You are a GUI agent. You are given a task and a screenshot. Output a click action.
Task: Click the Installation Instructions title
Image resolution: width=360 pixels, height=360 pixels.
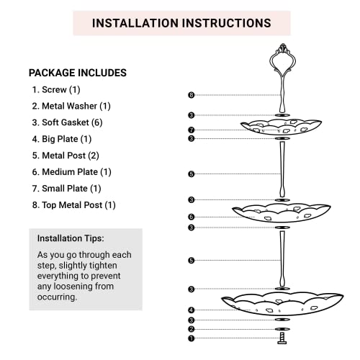coord(181,23)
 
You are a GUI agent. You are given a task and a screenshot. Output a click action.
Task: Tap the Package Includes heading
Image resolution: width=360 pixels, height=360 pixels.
coord(78,73)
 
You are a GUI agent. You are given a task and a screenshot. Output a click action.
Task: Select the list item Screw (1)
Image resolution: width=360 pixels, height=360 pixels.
coord(56,90)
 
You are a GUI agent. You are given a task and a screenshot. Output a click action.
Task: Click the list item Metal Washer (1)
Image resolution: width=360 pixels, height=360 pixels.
coord(71,106)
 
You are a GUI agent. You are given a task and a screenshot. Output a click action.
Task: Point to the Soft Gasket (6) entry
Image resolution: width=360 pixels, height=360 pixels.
coord(67,122)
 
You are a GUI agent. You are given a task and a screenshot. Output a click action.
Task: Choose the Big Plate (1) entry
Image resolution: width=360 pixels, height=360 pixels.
coord(62,139)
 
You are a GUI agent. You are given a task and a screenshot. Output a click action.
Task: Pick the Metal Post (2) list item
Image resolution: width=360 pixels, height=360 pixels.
coord(66,156)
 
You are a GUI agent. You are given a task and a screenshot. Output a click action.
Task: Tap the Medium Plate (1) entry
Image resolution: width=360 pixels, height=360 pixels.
coord(71,172)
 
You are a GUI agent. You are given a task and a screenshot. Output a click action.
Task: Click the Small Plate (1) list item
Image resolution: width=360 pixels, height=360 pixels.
coord(66,189)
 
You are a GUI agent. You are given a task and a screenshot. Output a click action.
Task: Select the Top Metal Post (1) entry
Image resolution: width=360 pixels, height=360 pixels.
coord(73,205)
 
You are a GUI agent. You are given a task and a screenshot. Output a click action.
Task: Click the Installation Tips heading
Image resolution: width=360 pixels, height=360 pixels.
coord(71,238)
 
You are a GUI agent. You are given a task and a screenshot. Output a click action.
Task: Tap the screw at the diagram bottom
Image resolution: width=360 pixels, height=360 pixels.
coord(282,338)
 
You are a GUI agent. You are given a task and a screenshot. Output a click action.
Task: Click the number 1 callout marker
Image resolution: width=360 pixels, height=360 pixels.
coord(191,338)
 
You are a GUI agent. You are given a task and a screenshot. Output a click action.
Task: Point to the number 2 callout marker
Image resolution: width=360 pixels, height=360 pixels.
coord(191,329)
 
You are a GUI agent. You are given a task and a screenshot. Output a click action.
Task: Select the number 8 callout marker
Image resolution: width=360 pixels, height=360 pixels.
coord(191,95)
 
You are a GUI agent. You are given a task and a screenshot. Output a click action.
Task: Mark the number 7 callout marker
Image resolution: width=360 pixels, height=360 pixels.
coord(191,130)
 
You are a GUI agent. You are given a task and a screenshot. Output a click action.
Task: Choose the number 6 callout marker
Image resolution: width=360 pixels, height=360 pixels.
coord(191,217)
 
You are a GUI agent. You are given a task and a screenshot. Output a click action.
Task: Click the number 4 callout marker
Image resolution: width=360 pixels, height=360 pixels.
coord(191,310)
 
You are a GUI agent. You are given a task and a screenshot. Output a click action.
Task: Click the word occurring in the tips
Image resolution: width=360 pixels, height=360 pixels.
coord(57,297)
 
